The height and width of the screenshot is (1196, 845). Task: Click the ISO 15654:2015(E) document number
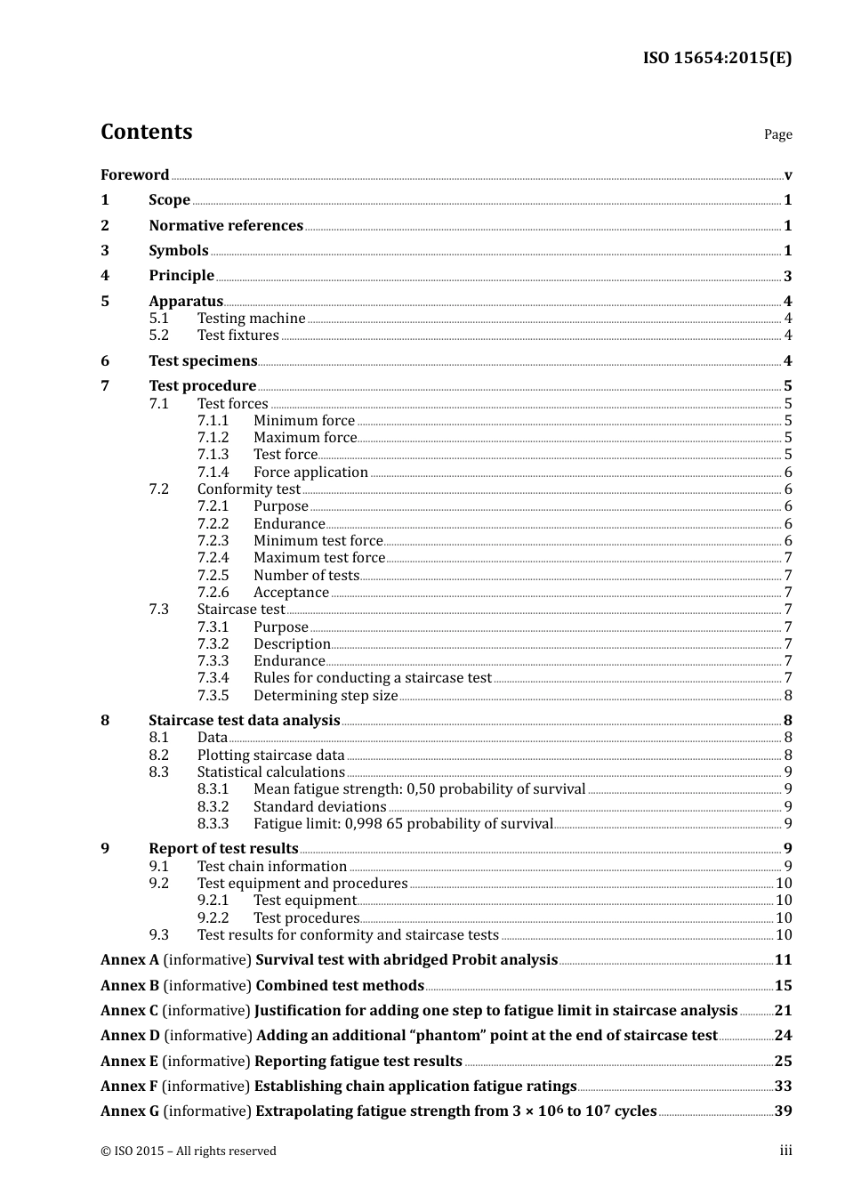tap(717, 59)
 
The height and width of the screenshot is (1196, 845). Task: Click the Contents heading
tap(146, 132)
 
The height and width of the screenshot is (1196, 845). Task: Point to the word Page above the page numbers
tap(777, 134)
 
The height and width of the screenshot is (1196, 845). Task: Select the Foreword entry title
tap(134, 175)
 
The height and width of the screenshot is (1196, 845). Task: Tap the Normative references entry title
tap(226, 226)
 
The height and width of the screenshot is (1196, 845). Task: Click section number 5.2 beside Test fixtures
tap(158, 335)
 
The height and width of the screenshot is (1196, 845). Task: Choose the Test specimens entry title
tap(203, 361)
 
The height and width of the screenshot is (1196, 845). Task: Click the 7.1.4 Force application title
tap(310, 473)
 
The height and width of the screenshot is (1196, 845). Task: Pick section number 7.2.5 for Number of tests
tap(213, 576)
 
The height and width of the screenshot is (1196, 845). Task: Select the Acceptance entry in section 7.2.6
tap(291, 593)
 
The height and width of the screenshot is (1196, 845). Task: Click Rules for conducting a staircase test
tap(372, 678)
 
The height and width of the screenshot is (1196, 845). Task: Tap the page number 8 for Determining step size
tap(787, 696)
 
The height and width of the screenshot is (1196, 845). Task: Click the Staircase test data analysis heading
tap(244, 721)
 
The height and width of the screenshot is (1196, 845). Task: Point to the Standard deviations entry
tap(319, 807)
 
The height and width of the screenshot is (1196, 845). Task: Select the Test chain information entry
tap(272, 867)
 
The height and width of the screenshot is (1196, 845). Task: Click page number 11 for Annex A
tap(783, 960)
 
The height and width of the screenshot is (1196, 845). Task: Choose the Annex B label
tap(130, 986)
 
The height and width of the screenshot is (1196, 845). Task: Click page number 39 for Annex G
tap(783, 1111)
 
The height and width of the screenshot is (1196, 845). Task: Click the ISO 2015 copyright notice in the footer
tap(189, 1152)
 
